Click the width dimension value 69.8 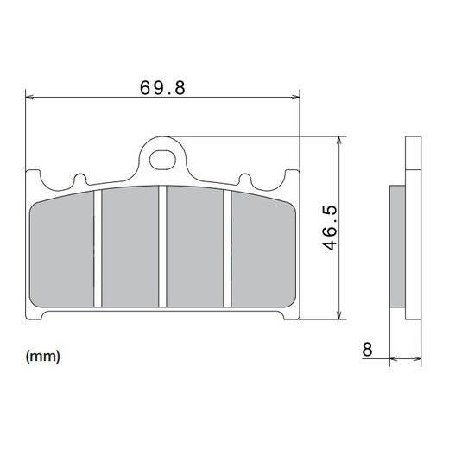[x=163, y=87]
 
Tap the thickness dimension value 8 [x=368, y=349]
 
